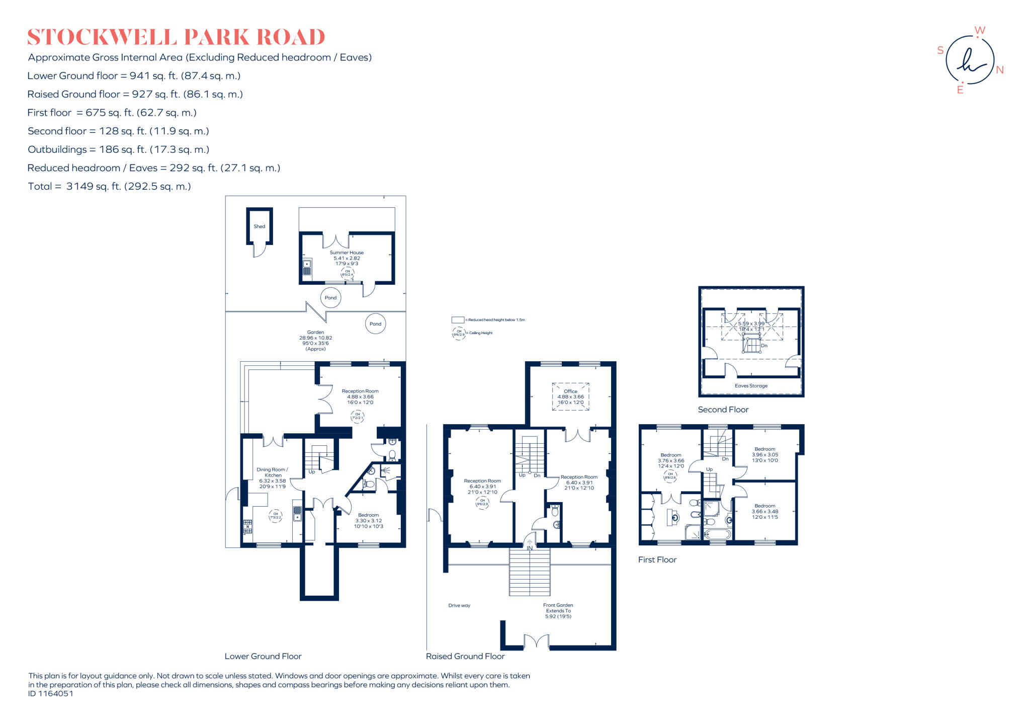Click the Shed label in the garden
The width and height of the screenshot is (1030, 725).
259,226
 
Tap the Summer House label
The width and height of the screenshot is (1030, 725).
347,253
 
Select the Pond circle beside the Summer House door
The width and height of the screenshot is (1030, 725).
330,298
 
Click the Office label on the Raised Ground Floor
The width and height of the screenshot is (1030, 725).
570,391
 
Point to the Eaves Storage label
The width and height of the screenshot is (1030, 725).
751,386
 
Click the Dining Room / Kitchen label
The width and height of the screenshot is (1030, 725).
272,472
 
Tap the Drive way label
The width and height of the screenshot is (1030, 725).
459,606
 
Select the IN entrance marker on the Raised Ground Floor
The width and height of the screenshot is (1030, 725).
530,548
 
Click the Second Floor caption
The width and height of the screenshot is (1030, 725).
723,410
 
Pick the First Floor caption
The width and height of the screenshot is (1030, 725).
657,560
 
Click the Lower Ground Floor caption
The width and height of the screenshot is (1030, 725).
263,657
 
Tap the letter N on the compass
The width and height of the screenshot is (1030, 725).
1000,70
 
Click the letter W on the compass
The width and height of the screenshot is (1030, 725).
980,31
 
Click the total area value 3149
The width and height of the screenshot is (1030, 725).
80,187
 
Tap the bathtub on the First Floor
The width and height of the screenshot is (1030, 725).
717,534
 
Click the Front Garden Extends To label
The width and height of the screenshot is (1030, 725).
558,608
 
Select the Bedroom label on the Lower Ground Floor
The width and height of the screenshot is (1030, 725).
368,515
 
